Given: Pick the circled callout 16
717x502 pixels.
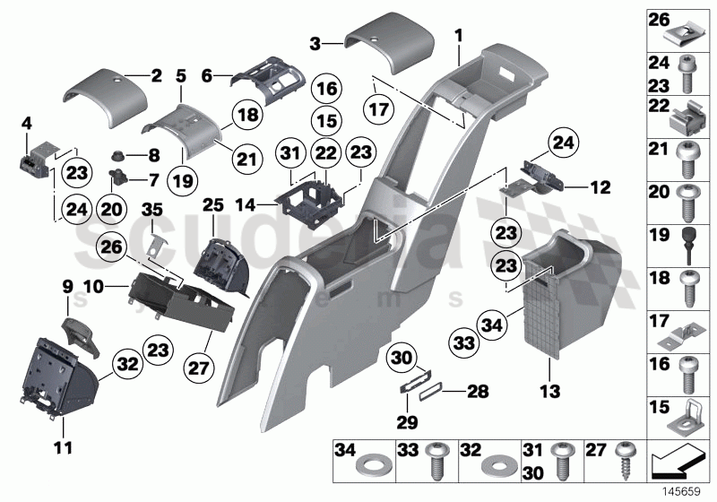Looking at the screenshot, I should tap(326, 90).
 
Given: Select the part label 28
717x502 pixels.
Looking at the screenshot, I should tap(477, 391).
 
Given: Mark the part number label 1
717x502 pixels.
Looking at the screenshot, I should tap(458, 37).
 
